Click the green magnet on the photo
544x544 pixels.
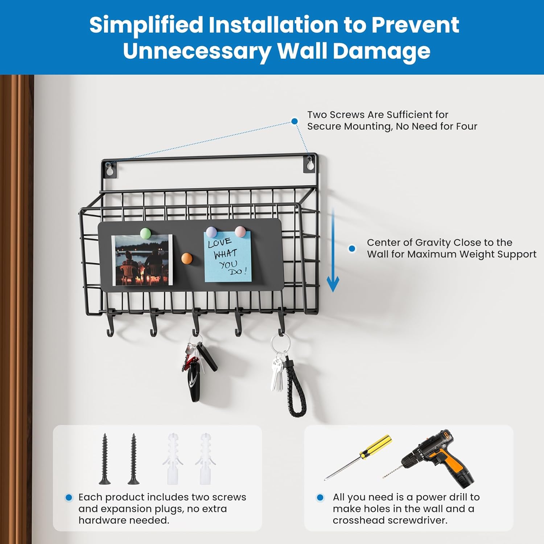tap(145, 233)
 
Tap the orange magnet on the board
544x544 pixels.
tap(186, 259)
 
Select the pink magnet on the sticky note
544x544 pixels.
tap(240, 231)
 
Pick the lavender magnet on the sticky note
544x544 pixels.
tap(211, 232)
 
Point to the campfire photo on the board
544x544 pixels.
tap(142, 260)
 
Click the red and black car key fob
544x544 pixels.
tap(194, 377)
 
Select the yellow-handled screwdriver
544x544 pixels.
tap(358, 457)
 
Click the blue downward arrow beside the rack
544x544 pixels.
tap(333, 250)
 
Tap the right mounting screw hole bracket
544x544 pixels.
tap(309, 164)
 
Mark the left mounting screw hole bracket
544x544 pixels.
tap(109, 169)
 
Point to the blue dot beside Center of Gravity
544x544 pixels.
tap(352, 249)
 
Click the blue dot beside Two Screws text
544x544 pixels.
tap(295, 121)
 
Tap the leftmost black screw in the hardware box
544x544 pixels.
tap(105, 459)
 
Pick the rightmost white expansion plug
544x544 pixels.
tap(205, 459)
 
